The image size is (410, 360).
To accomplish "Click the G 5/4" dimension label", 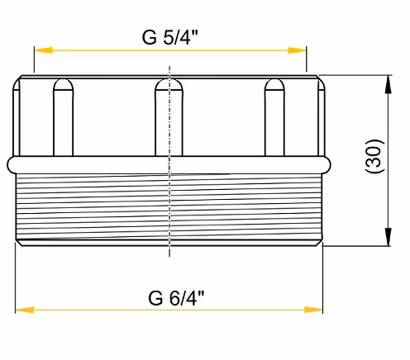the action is point(170,37).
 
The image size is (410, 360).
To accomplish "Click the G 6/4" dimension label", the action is point(176,297).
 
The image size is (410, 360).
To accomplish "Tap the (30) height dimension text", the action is point(374,156).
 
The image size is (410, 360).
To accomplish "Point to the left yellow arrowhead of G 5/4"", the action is point(43,50).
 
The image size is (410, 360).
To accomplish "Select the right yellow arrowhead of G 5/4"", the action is point(297,50).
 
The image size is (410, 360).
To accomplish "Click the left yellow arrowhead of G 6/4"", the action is point(25,310).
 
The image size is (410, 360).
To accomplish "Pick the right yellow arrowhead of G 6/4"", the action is point(313,310).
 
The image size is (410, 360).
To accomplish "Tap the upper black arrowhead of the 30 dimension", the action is point(388,84).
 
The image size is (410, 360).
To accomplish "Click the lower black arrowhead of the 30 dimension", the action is point(388,237).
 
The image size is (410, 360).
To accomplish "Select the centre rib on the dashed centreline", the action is point(169,117).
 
